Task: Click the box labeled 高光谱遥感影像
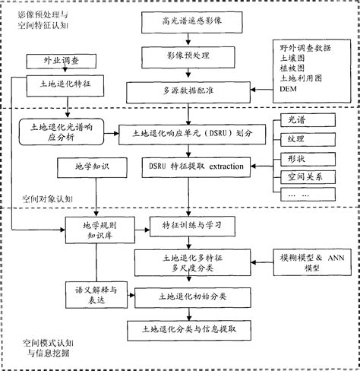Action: [x=186, y=21]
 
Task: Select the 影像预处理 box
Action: [x=186, y=56]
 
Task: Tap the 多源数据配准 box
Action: [x=186, y=90]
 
